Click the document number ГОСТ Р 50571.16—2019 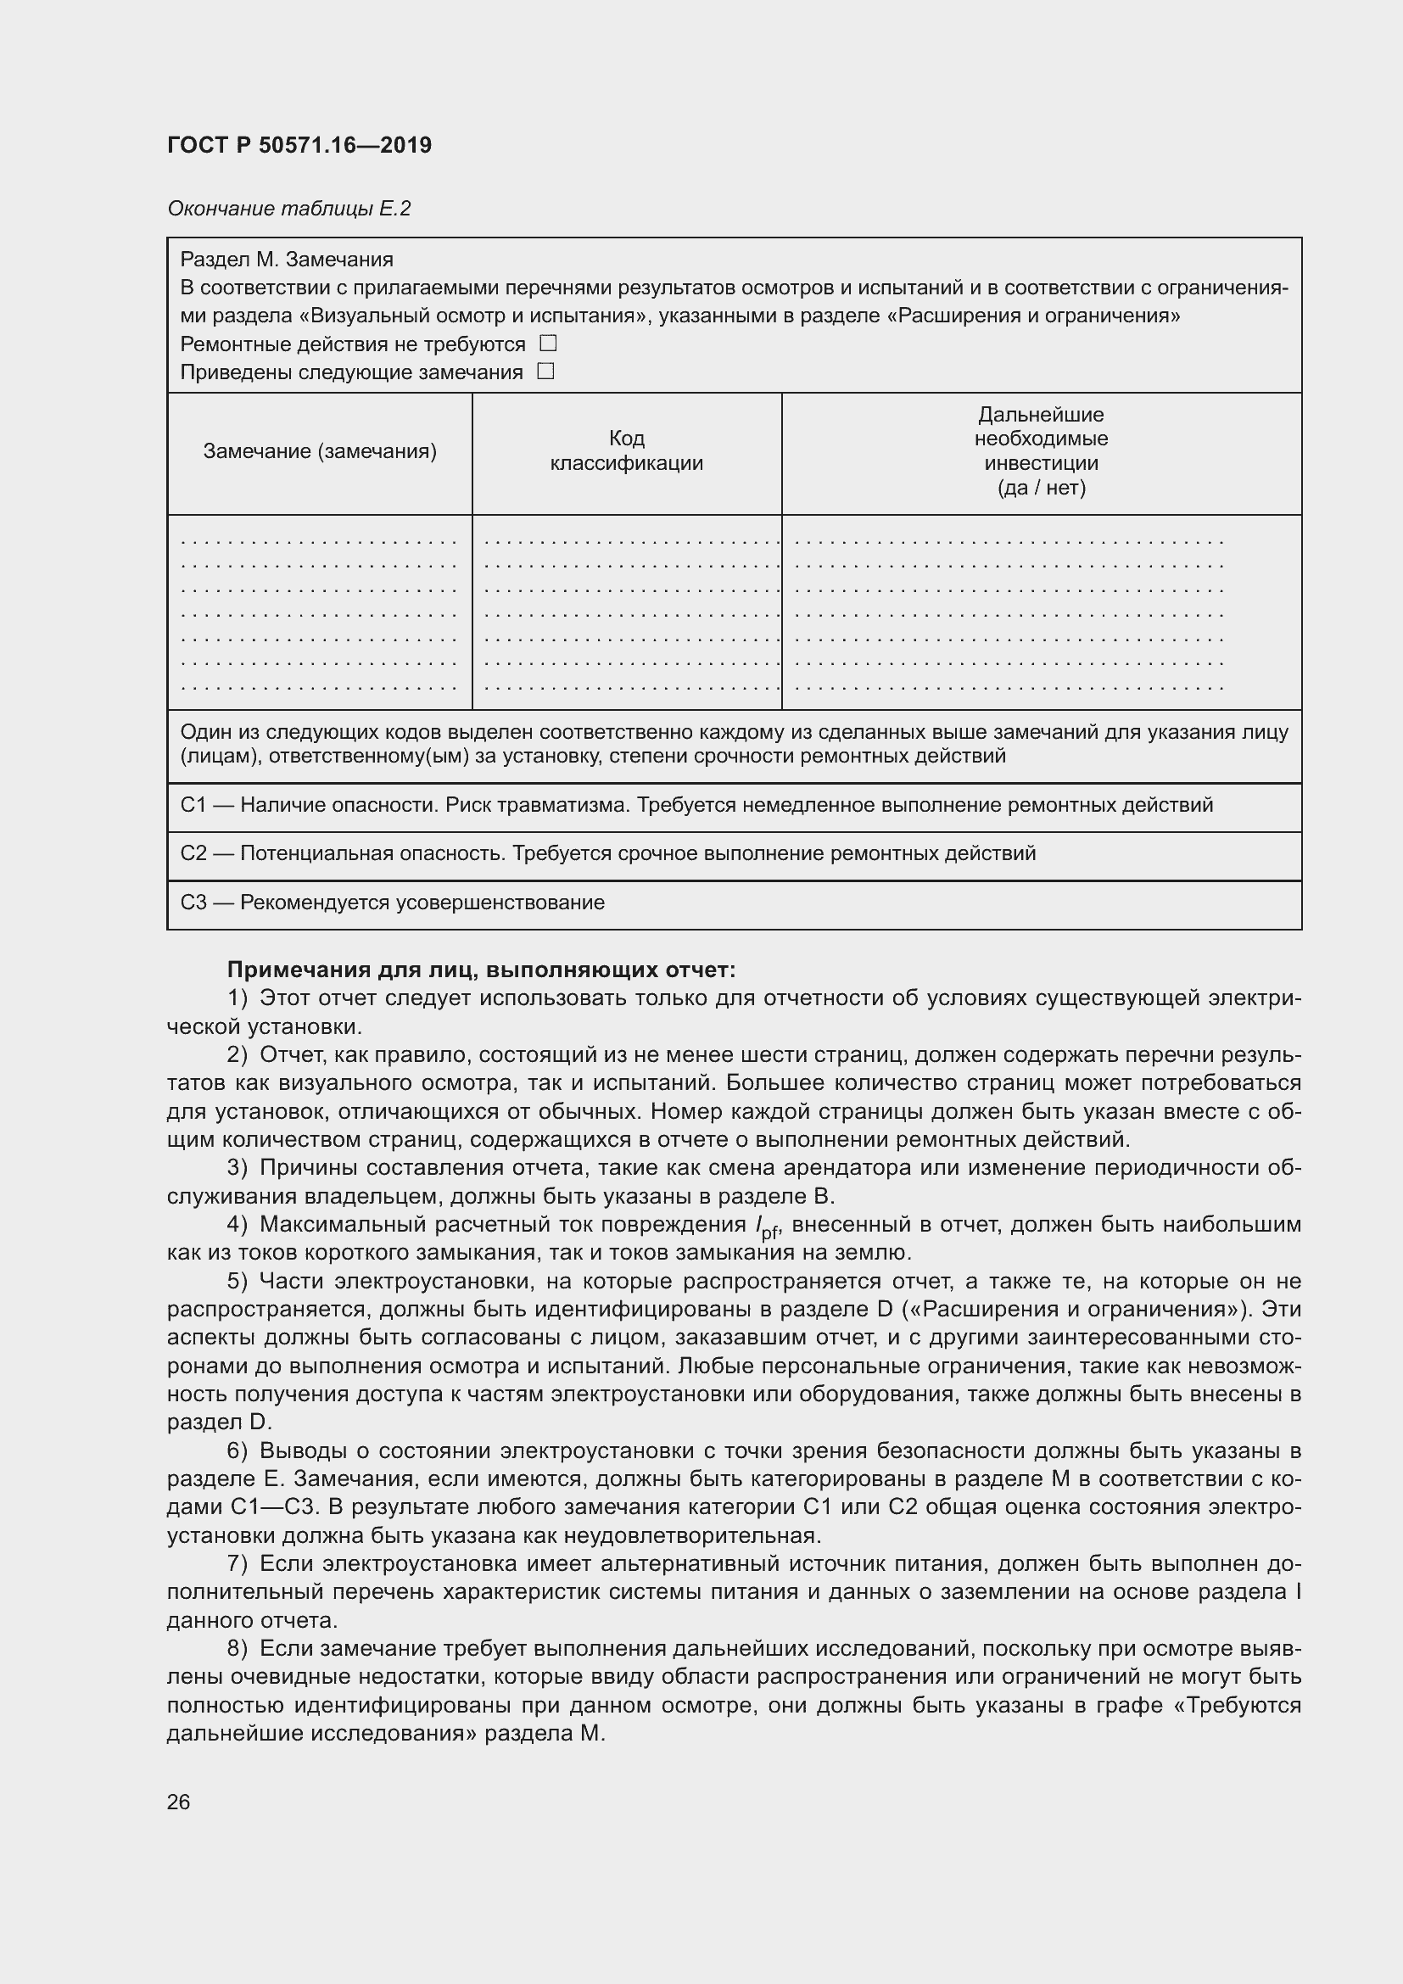pos(299,145)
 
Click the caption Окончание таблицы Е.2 pos(288,209)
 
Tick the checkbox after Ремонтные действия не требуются pos(548,343)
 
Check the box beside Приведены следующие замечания pos(545,372)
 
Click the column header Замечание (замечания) pos(320,451)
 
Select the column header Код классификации pos(626,450)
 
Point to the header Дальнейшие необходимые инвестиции pos(1040,450)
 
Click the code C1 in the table pos(193,805)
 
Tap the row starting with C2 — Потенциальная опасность pos(607,854)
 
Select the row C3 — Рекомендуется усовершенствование pos(392,903)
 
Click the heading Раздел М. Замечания pos(286,260)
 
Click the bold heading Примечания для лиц pos(480,970)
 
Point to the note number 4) pos(238,1225)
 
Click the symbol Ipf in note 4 pos(766,1227)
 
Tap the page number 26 pos(178,1802)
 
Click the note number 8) pos(238,1649)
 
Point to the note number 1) pos(238,998)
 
